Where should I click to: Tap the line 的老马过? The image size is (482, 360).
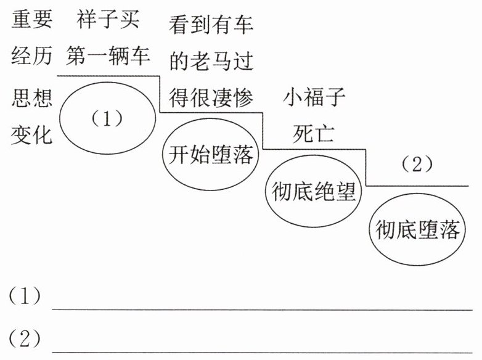[x=211, y=61]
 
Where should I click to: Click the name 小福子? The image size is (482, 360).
[x=314, y=97]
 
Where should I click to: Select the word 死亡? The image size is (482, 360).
[x=314, y=134]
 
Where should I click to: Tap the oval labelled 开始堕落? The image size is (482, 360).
[x=211, y=155]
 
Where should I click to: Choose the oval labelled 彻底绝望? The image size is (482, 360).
[x=314, y=192]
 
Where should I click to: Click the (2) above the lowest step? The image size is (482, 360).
[x=417, y=165]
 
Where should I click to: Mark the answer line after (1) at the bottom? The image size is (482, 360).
[x=262, y=308]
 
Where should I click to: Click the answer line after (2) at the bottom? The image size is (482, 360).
[x=262, y=350]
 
